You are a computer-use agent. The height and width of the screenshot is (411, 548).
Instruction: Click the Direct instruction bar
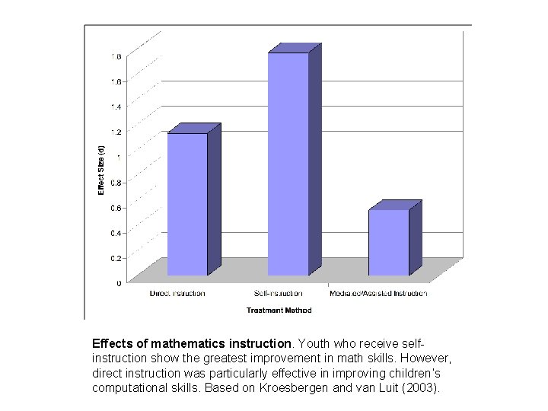click(x=187, y=204)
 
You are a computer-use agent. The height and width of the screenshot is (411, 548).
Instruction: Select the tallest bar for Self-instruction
click(x=288, y=164)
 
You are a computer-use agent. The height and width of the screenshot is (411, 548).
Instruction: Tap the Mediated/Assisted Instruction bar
click(x=388, y=242)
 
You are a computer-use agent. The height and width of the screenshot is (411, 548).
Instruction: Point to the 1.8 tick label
click(x=116, y=56)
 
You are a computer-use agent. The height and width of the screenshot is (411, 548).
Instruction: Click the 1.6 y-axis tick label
click(x=116, y=81)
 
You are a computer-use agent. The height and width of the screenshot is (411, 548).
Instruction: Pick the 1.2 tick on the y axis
click(x=116, y=132)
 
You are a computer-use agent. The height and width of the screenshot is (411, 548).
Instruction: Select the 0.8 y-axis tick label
click(x=116, y=182)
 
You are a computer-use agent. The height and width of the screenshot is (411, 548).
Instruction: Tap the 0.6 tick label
click(x=116, y=208)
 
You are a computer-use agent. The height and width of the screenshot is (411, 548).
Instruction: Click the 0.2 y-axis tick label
click(x=116, y=258)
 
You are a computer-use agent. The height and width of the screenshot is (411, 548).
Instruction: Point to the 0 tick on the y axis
click(x=118, y=283)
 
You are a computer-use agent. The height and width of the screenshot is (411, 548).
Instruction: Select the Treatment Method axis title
click(x=279, y=310)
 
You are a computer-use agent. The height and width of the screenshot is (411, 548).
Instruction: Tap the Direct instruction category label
click(x=177, y=293)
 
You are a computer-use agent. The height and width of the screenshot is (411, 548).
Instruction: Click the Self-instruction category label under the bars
click(x=279, y=293)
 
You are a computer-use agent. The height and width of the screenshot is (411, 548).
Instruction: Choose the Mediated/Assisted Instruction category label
click(x=378, y=293)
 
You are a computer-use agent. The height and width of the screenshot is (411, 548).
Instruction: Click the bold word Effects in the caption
click(x=113, y=343)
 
